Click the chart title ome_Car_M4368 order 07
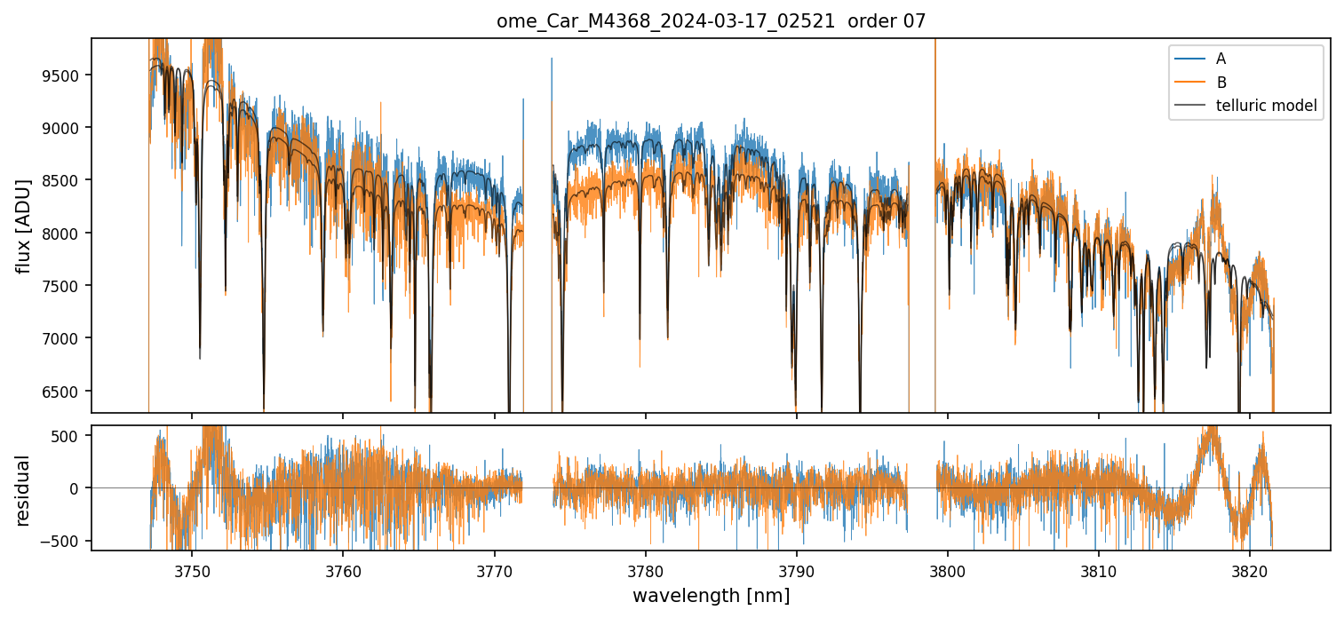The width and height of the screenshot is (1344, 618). click(x=711, y=21)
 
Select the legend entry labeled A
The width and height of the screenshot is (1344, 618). click(x=1221, y=59)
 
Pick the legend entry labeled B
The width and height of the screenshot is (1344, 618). click(x=1221, y=83)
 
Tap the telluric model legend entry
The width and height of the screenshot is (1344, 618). click(x=1266, y=107)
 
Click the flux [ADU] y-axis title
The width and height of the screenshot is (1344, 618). click(x=23, y=226)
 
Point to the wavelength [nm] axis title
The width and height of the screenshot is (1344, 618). click(x=711, y=596)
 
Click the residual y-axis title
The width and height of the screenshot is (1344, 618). click(x=23, y=490)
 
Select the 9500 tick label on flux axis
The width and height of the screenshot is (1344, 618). click(x=65, y=75)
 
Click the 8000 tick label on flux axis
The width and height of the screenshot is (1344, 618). click(x=65, y=234)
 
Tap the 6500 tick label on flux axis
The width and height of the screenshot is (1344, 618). click(x=65, y=392)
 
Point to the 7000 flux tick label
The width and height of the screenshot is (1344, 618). click(x=65, y=338)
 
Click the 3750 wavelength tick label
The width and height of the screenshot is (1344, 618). click(x=192, y=570)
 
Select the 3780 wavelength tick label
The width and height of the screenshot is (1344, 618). click(x=645, y=570)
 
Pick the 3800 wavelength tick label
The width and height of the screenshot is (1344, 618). click(x=948, y=570)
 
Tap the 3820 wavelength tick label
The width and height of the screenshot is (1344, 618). click(x=1250, y=570)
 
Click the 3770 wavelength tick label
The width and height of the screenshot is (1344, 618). click(x=494, y=570)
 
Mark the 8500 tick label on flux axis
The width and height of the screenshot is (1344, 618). click(x=65, y=180)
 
